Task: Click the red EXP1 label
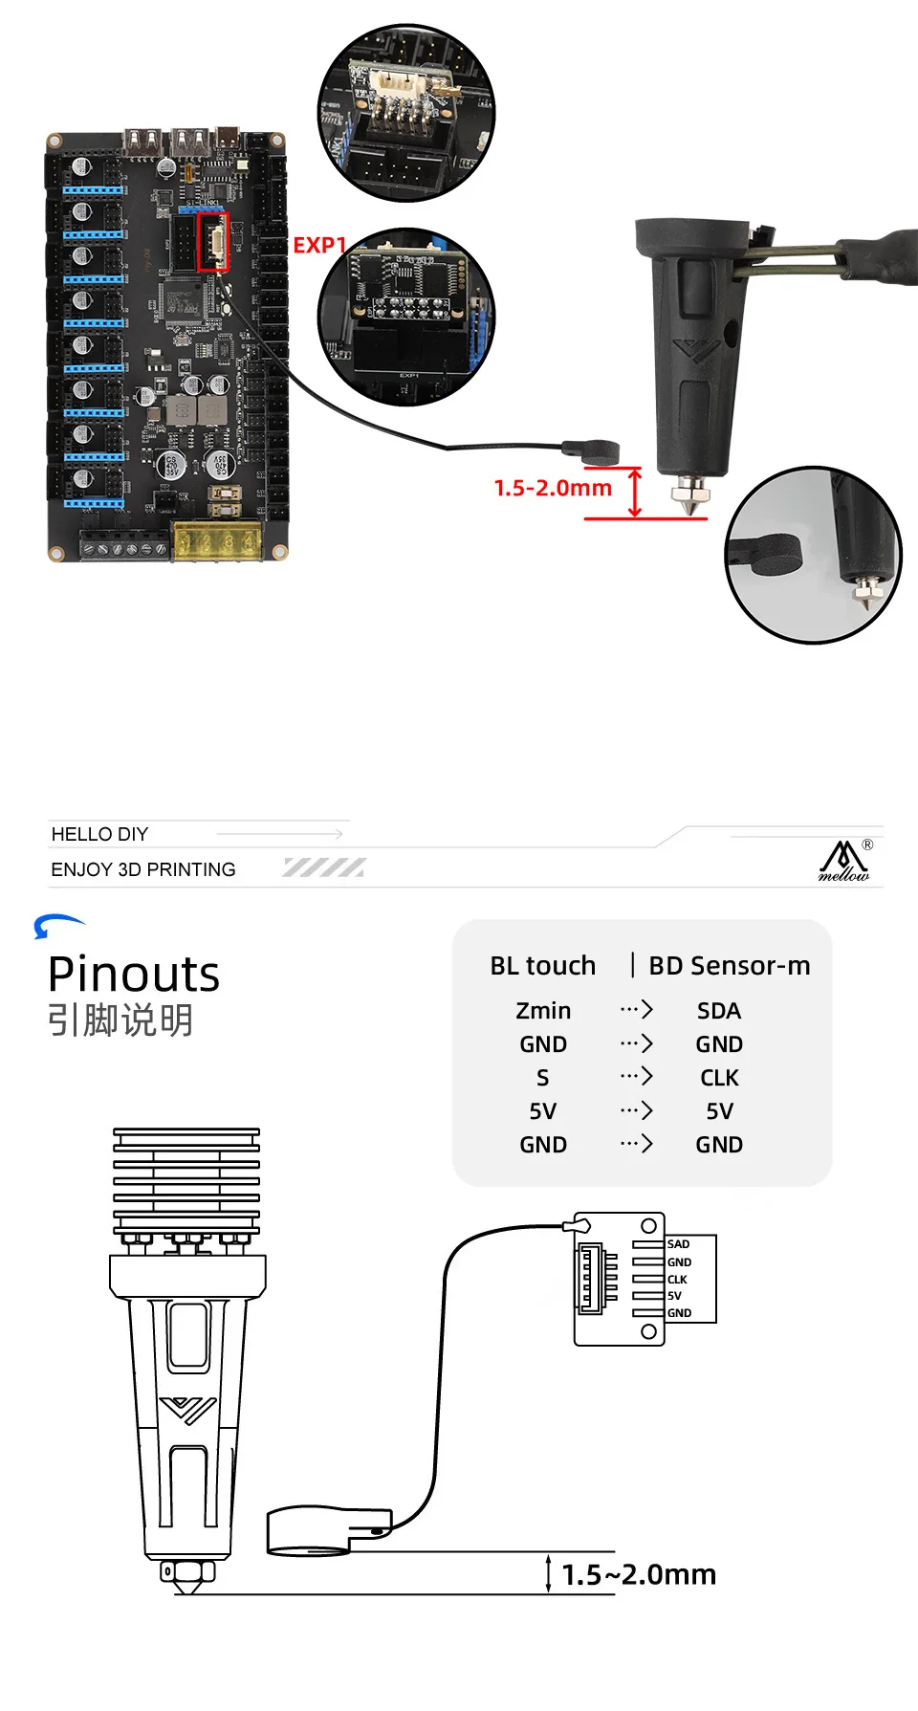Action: [318, 246]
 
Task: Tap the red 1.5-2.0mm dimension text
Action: [553, 488]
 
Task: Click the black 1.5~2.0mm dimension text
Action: [639, 1574]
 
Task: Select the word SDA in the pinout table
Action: [719, 1011]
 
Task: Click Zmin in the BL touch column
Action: [543, 1011]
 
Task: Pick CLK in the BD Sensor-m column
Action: [719, 1078]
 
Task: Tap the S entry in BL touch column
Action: [542, 1078]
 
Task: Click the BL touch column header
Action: [542, 966]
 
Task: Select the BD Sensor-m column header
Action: [729, 966]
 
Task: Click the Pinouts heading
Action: [134, 975]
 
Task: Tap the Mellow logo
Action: [844, 861]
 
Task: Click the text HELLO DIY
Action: [99, 834]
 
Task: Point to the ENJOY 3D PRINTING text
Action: [143, 869]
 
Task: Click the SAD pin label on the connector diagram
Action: [678, 1244]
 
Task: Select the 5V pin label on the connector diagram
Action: [674, 1296]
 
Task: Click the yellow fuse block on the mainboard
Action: [218, 541]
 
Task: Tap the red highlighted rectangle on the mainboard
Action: [212, 241]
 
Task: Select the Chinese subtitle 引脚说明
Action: [120, 1020]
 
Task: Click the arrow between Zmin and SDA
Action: [636, 1010]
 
